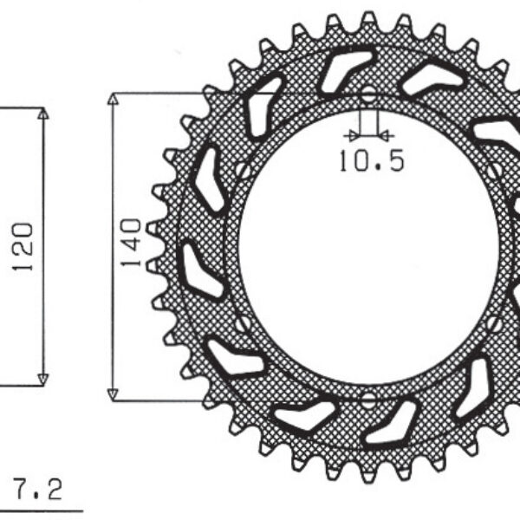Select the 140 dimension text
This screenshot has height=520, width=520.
click(x=132, y=244)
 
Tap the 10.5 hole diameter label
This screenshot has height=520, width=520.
click(x=371, y=161)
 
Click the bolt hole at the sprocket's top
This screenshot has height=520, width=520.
click(x=368, y=94)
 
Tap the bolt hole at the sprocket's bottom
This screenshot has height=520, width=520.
click(x=368, y=400)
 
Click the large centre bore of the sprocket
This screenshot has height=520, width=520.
click(x=368, y=247)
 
